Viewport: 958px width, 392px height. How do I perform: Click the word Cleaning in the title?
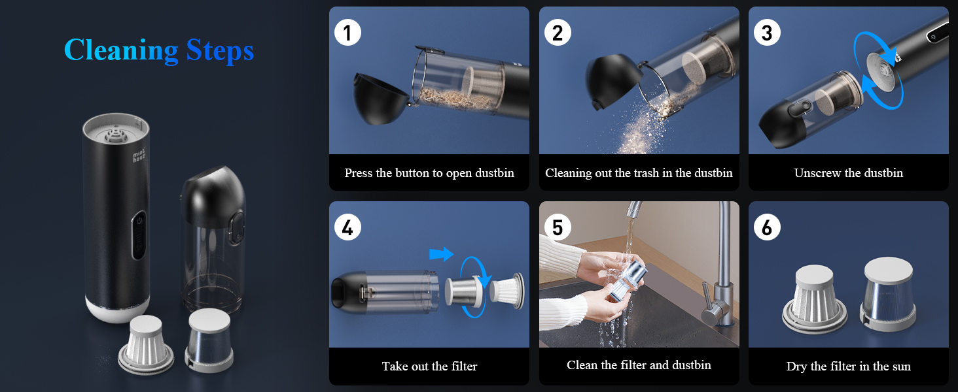click(121, 50)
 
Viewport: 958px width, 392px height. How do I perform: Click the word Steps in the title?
click(220, 50)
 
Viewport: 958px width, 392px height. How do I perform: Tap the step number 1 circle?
click(347, 33)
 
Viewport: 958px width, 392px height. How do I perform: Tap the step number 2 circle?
click(558, 33)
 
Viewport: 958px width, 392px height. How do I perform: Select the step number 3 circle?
click(768, 33)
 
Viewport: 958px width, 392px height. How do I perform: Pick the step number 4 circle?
click(347, 227)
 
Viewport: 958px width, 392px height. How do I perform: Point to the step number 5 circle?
click(558, 227)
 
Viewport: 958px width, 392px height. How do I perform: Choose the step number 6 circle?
click(768, 227)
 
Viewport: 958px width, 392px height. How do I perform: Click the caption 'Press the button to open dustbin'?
click(429, 173)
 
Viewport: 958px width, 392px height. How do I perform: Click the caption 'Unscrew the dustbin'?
click(849, 173)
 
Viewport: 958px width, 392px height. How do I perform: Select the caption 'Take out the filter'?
click(429, 366)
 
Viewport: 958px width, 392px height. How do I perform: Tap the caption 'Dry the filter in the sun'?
click(849, 367)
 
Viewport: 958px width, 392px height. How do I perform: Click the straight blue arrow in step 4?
click(441, 254)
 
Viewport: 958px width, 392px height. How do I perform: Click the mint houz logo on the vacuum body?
click(139, 155)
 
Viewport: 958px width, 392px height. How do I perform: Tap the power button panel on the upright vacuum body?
click(139, 235)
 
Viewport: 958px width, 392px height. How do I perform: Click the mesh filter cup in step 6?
click(888, 294)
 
